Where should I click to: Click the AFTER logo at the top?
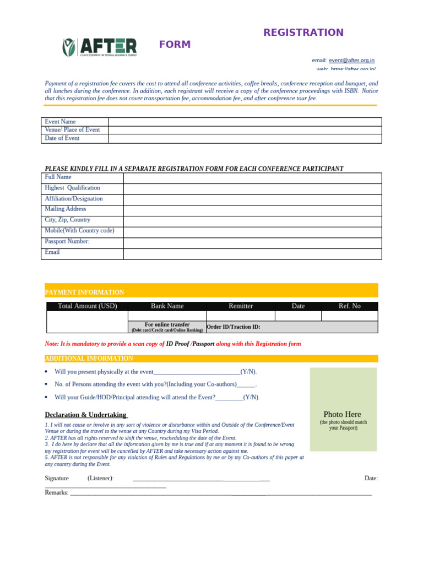pos(100,47)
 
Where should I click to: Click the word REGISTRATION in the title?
pos(303,32)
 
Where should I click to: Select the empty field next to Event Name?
pos(245,122)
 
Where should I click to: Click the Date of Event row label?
pos(62,138)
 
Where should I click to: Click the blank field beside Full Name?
pos(252,177)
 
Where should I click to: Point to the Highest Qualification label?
pos(72,188)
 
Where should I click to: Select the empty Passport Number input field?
pos(252,242)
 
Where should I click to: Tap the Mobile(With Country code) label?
pos(79,231)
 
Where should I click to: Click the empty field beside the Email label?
pos(252,253)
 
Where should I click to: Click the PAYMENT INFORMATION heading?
pos(84,292)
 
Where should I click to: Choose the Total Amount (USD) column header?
pos(88,306)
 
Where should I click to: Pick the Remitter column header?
pos(241,306)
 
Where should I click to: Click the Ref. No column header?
pos(349,306)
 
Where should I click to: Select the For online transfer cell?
pos(167,327)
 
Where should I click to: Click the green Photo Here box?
pos(343,410)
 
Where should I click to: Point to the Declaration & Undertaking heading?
pos(86,415)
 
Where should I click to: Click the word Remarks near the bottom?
pos(56,492)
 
